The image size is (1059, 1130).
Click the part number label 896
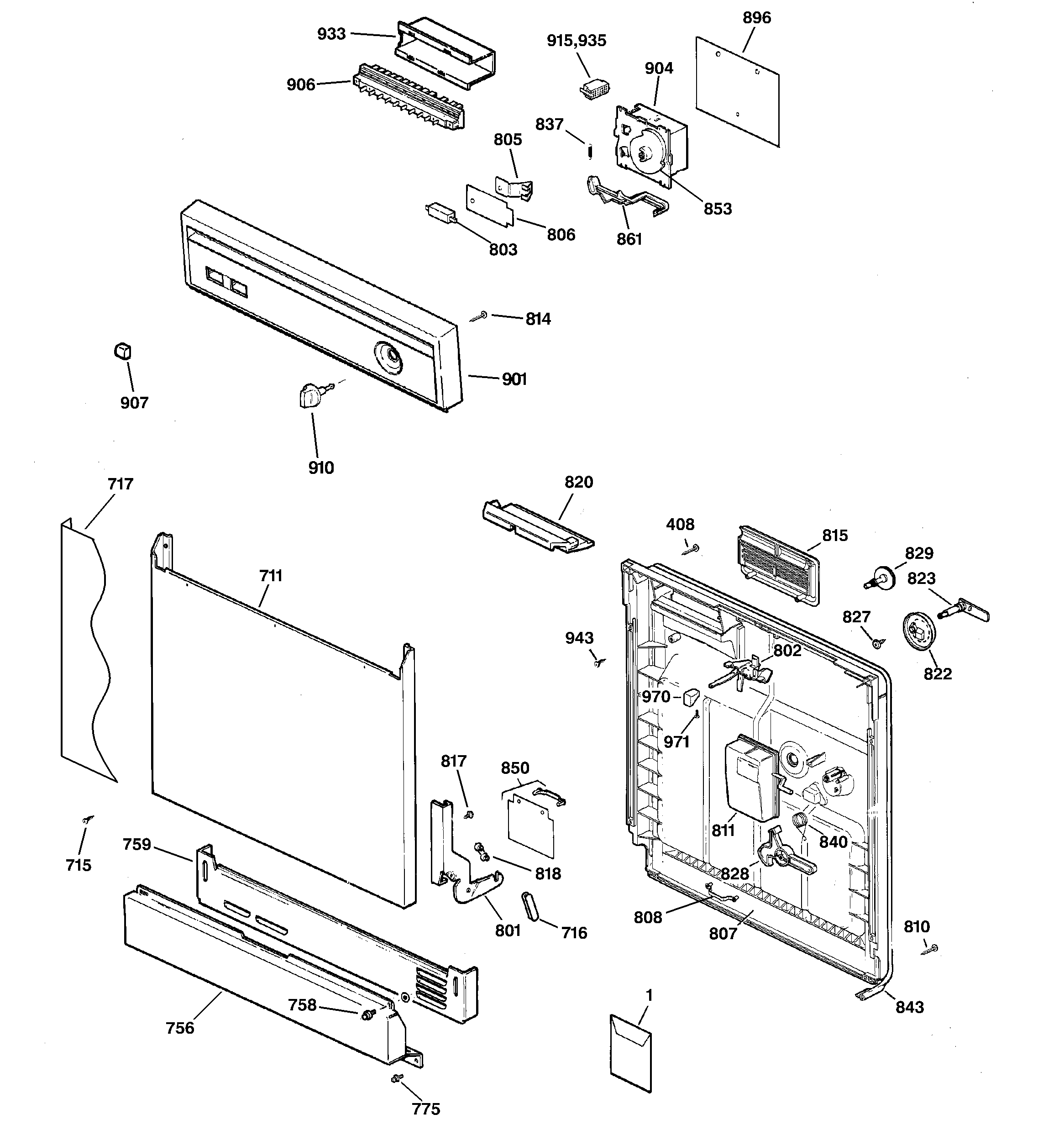pos(756,18)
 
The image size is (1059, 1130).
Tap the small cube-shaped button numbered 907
pos(123,352)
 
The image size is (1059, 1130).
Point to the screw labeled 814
pos(480,316)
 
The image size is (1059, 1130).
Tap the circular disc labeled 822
pos(918,631)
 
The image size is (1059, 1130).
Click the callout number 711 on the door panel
pos(271,576)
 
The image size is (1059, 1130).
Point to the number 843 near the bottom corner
pos(909,1007)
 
